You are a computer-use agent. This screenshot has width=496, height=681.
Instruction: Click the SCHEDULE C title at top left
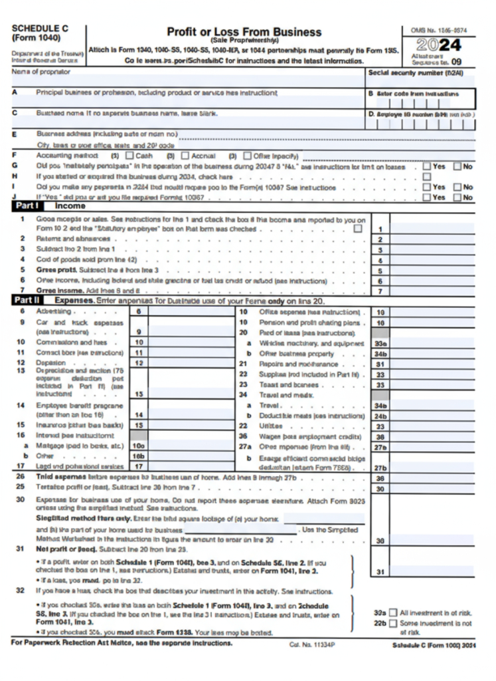point(40,29)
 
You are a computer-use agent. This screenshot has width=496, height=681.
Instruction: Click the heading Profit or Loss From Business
point(244,32)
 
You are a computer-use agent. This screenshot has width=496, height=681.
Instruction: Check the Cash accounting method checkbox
point(129,156)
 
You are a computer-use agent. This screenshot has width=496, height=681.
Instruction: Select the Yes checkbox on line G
point(426,166)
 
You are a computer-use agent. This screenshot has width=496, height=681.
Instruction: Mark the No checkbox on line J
point(457,197)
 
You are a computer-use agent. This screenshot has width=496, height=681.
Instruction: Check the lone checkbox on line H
point(426,177)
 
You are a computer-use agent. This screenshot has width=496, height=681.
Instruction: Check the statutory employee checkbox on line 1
point(359,228)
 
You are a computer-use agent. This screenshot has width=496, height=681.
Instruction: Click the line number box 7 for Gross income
point(380,291)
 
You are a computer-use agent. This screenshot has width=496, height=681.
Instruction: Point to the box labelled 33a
point(380,343)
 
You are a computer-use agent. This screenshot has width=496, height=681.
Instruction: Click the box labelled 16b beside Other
point(139,456)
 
